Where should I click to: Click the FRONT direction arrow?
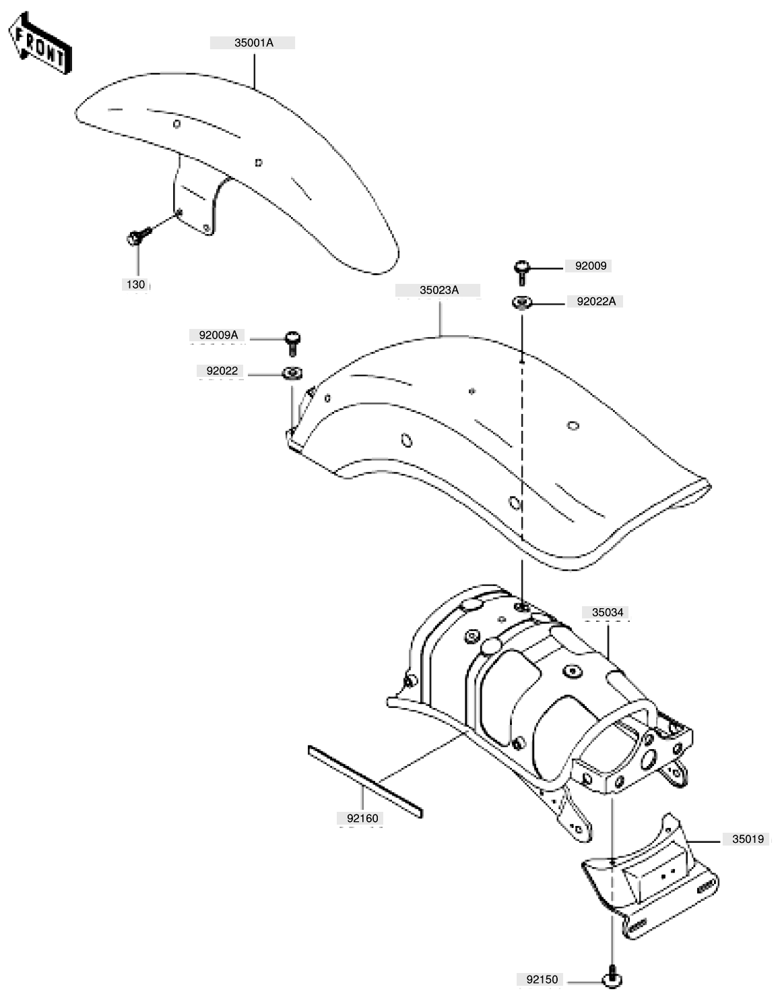(x=40, y=44)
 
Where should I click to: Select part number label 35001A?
(x=253, y=43)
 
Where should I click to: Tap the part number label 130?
(x=135, y=285)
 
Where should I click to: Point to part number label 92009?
(x=590, y=266)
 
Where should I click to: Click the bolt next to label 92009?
(x=522, y=273)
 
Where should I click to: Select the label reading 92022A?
(x=595, y=301)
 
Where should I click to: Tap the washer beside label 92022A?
(x=522, y=303)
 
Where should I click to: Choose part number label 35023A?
(x=439, y=290)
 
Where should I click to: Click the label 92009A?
(x=218, y=335)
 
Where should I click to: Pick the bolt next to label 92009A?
(x=292, y=343)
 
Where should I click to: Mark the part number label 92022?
(x=222, y=371)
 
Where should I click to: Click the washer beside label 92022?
(x=292, y=373)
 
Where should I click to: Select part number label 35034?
(x=608, y=612)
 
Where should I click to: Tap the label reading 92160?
(x=362, y=819)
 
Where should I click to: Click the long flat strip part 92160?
(x=365, y=781)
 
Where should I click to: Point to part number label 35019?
(x=748, y=839)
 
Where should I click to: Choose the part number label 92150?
(x=542, y=980)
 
